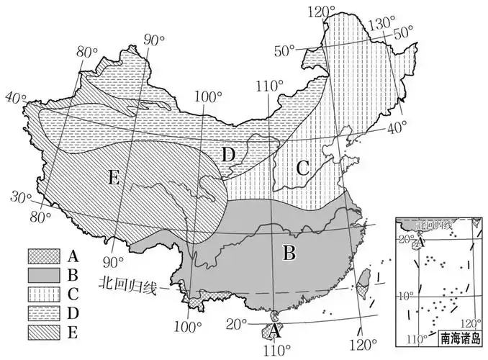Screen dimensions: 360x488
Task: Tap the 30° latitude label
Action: click(x=21, y=196)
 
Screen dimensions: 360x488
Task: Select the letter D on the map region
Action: click(x=227, y=154)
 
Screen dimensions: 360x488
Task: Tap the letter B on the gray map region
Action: click(x=289, y=253)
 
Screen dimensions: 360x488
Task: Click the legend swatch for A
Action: click(x=41, y=256)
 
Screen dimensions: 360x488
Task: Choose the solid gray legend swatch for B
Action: click(x=41, y=275)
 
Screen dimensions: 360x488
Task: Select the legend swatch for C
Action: click(x=41, y=294)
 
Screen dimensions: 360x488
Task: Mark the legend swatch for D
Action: click(x=41, y=313)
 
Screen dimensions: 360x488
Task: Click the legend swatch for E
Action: click(x=41, y=332)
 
